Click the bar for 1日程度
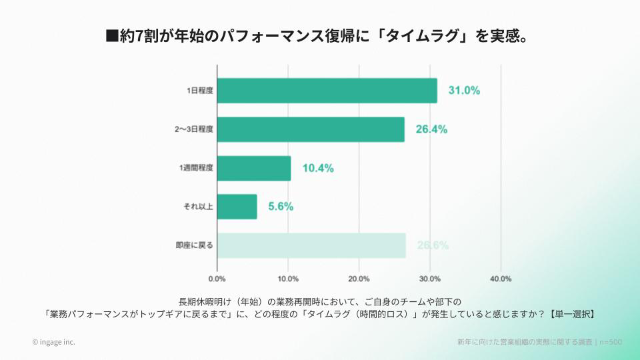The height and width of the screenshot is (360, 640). (327, 91)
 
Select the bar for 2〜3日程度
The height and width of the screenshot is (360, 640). (311, 129)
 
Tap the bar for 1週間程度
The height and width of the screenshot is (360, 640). (254, 168)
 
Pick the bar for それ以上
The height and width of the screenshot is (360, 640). (237, 207)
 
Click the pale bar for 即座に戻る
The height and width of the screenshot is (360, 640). (311, 245)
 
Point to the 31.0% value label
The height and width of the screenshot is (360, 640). (464, 91)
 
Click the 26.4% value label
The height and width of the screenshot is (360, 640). (431, 129)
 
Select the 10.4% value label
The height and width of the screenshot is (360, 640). (318, 168)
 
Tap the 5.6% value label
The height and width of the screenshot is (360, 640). (281, 207)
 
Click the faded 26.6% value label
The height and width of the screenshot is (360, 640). (433, 245)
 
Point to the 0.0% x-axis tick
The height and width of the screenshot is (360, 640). (217, 279)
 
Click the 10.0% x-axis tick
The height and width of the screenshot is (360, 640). (288, 279)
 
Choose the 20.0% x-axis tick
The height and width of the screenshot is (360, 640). (359, 279)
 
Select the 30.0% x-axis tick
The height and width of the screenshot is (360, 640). (430, 279)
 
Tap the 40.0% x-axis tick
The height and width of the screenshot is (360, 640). (501, 279)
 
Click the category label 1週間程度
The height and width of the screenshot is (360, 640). (197, 168)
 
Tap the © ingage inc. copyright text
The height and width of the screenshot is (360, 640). (54, 342)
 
